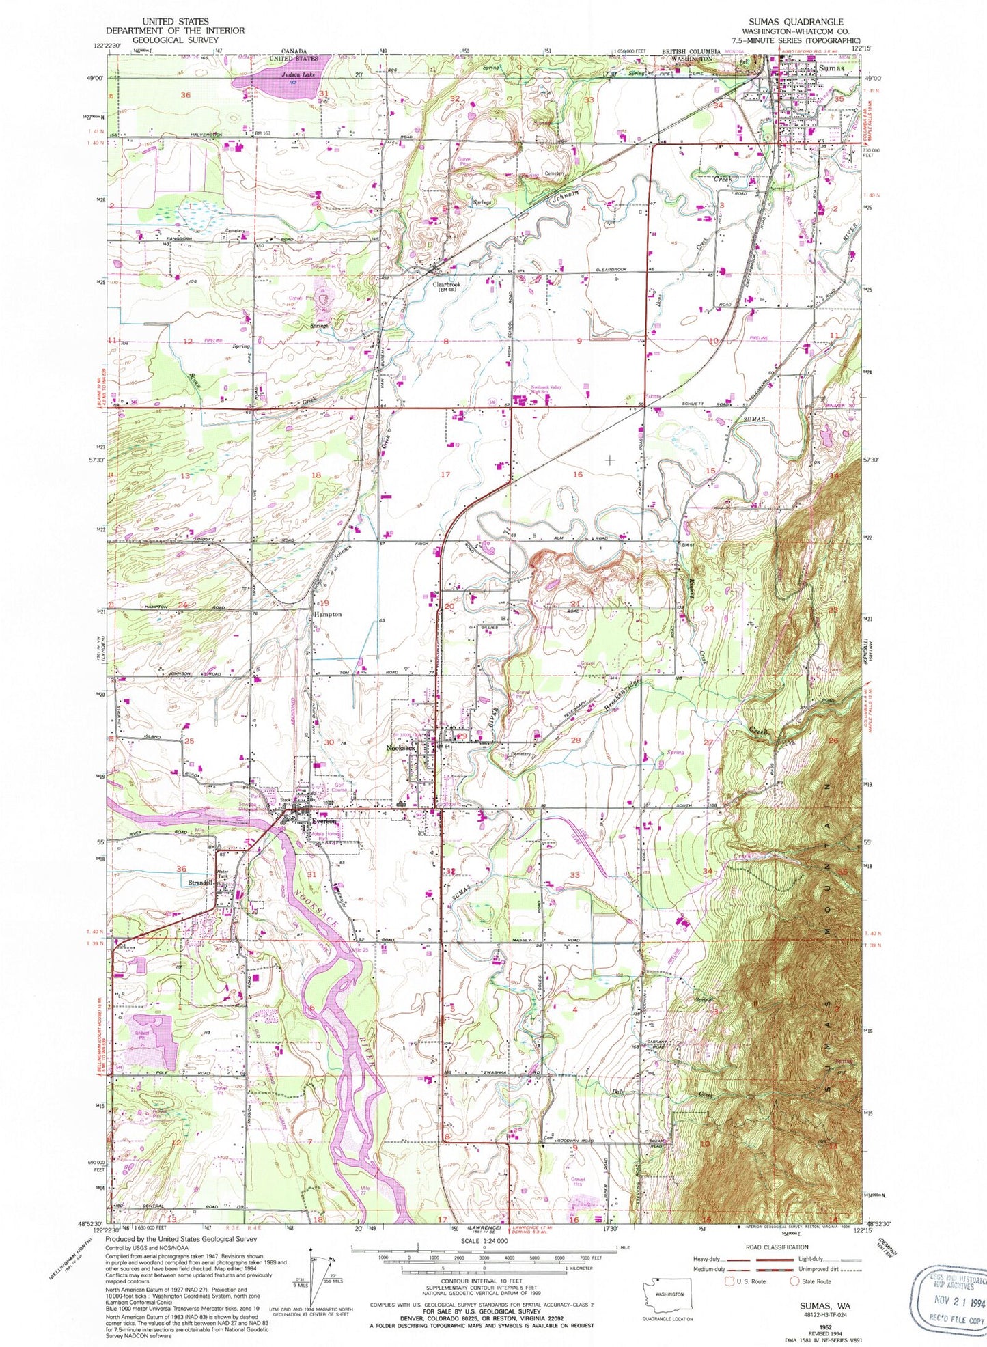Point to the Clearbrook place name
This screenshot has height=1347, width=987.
[447, 284]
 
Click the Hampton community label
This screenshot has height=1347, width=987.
[327, 614]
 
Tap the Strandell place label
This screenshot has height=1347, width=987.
[201, 883]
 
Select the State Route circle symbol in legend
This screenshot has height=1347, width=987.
[794, 1281]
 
